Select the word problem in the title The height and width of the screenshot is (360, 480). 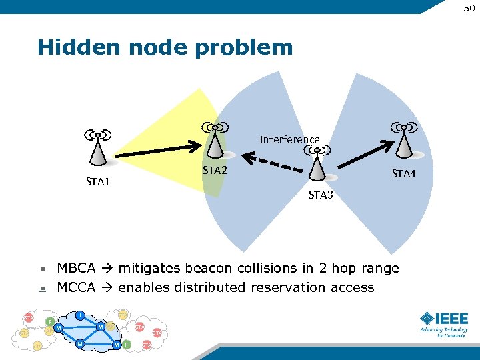(257, 48)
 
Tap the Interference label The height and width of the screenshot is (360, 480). (289, 139)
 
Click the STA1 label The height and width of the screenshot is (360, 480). (98, 181)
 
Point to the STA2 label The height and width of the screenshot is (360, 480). (215, 171)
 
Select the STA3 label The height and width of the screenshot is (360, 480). (321, 195)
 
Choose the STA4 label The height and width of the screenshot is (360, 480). (403, 174)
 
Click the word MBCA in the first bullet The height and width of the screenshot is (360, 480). (75, 268)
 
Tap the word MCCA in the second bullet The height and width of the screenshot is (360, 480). (75, 287)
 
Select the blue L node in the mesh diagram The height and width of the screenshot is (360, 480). (80, 315)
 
